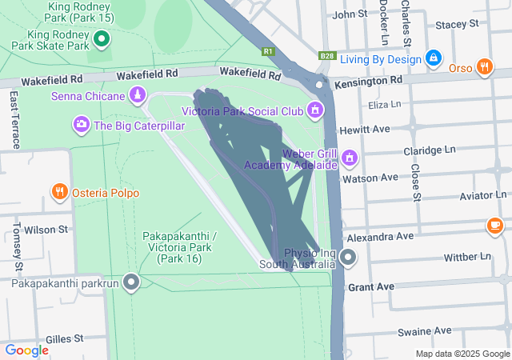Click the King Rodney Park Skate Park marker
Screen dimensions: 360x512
point(102,38)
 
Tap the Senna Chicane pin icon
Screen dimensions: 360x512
point(138,96)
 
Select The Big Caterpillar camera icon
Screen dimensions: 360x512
point(81,124)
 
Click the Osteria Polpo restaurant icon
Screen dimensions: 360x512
point(60,191)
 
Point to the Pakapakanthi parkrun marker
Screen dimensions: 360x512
point(131,282)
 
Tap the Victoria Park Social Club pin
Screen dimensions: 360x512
point(315,109)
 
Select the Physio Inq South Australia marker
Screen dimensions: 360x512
point(348,258)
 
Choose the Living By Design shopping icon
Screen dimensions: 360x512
point(433,58)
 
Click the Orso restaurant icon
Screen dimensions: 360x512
point(484,67)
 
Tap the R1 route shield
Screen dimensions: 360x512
point(268,52)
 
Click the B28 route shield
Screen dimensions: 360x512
point(326,56)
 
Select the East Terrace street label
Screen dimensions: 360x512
point(15,119)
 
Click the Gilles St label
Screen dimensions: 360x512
point(65,339)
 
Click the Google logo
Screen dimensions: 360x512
point(27,350)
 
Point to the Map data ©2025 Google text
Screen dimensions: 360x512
point(462,354)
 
